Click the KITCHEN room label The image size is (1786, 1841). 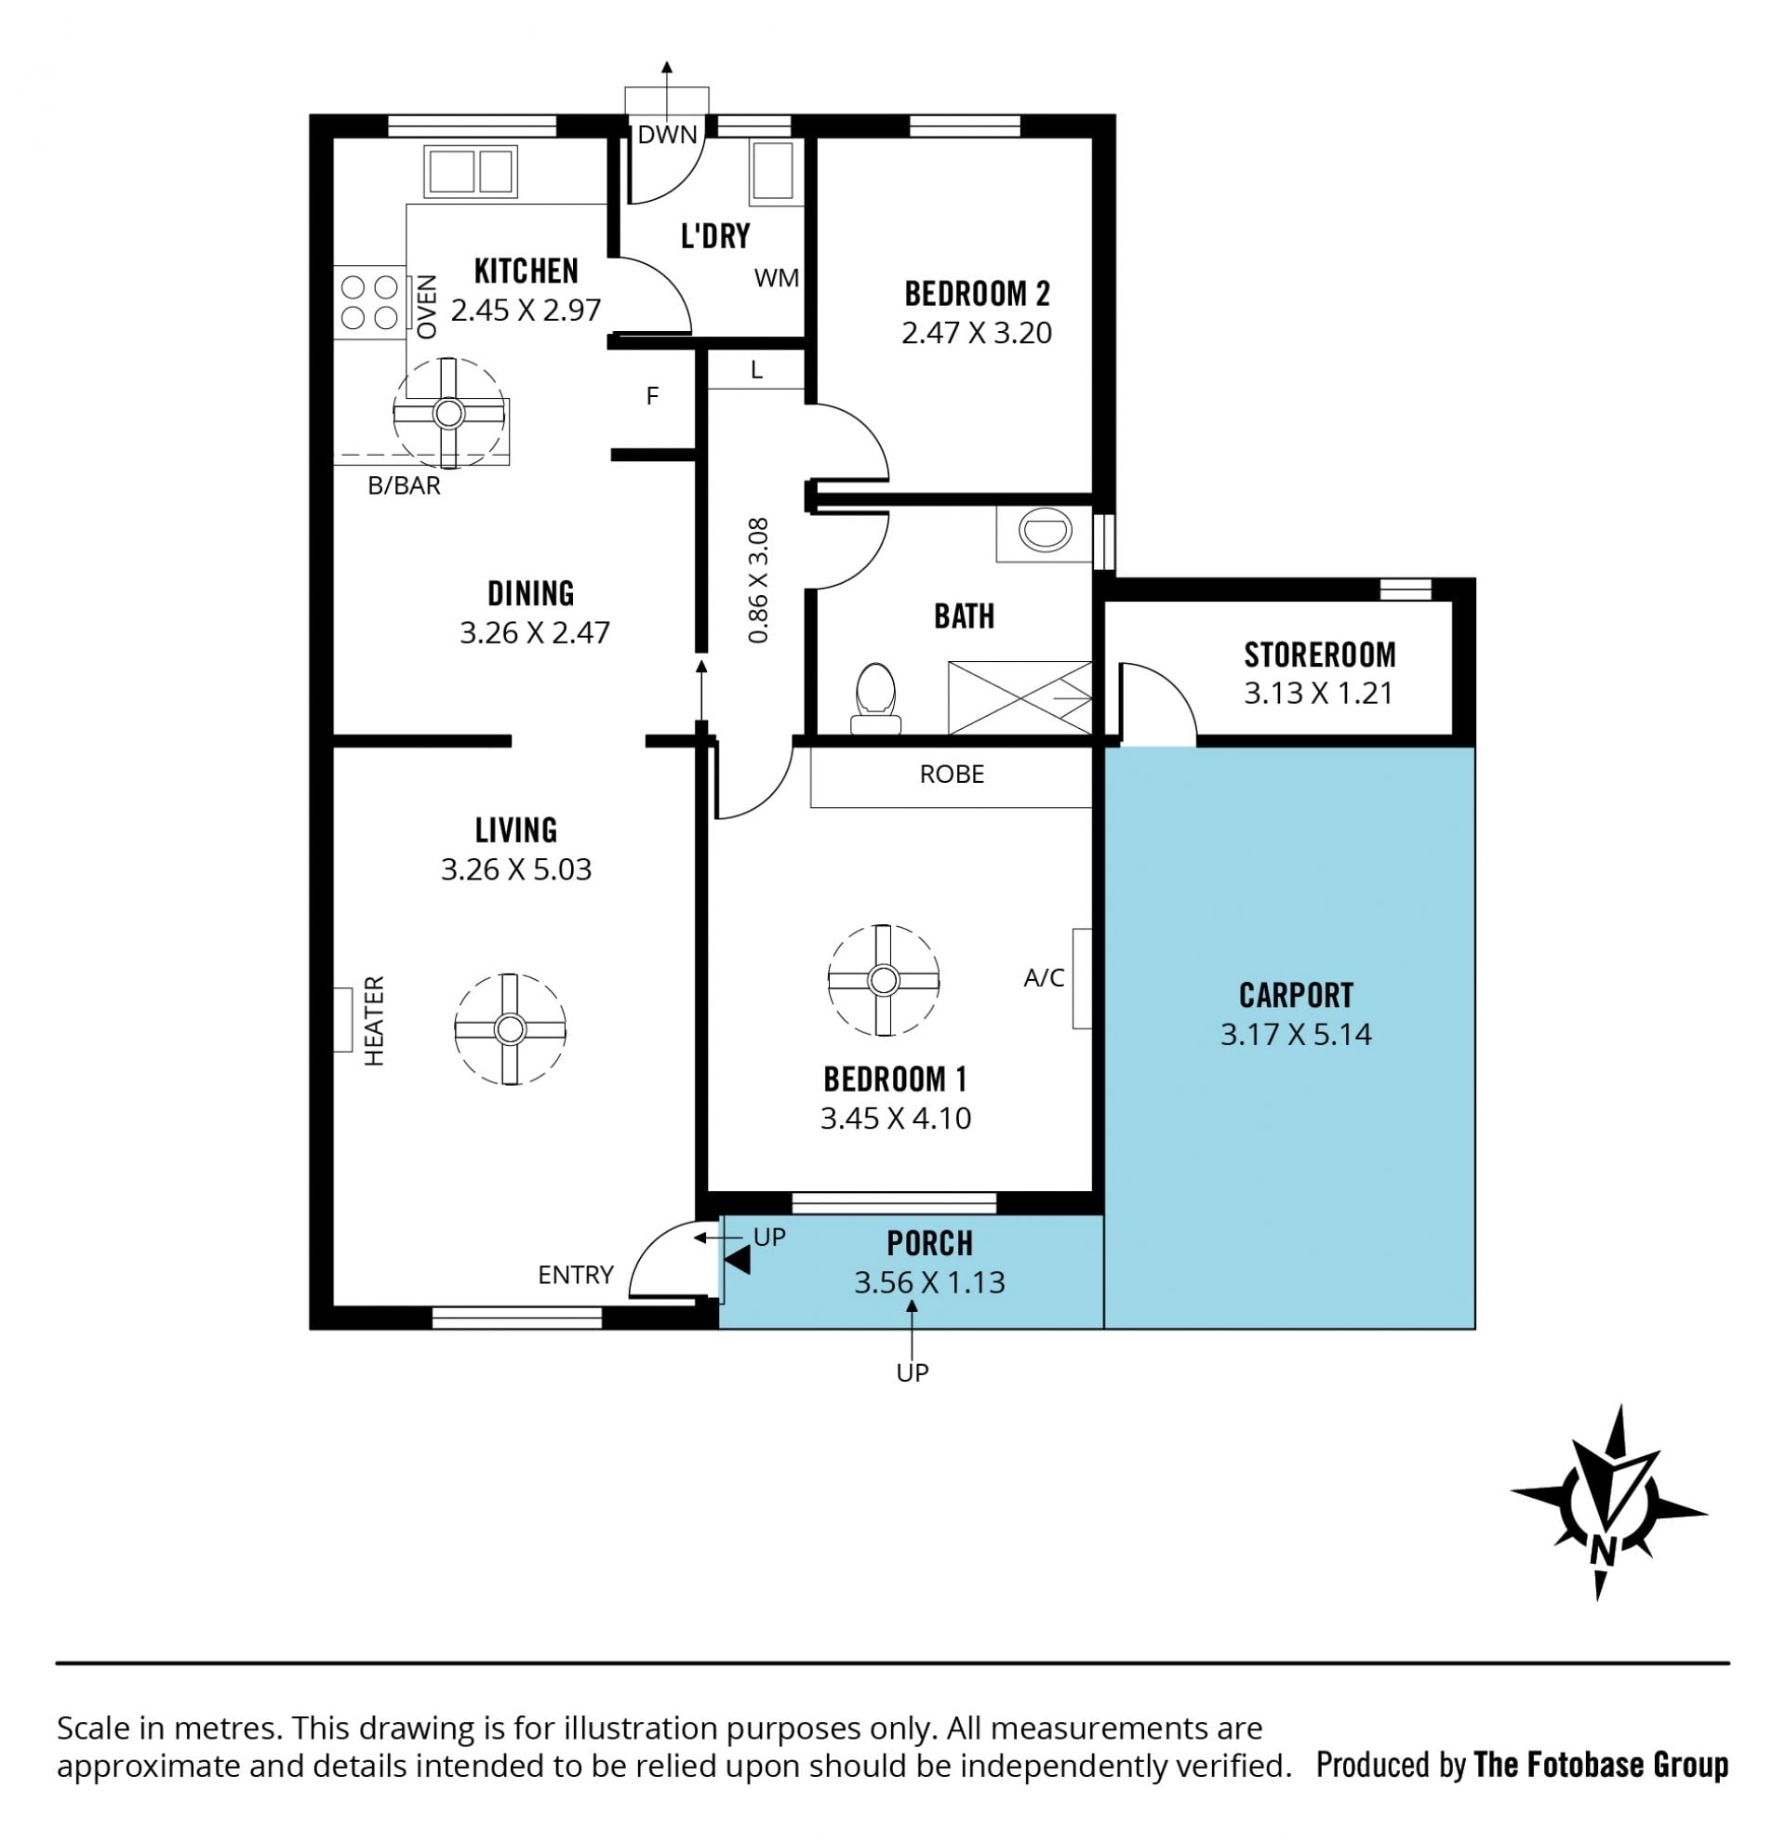(526, 271)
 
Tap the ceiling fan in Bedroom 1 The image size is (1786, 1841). (882, 980)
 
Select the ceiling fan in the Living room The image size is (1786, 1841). (509, 1029)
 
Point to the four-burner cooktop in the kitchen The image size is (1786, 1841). (369, 302)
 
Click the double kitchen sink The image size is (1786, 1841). (470, 171)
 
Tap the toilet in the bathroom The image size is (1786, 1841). (874, 698)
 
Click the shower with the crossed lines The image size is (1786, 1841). (1020, 697)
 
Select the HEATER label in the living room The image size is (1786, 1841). (374, 1021)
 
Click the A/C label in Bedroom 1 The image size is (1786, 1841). (1044, 978)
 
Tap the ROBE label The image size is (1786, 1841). (952, 774)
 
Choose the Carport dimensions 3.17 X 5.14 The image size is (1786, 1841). (1296, 1034)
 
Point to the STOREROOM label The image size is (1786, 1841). (1319, 654)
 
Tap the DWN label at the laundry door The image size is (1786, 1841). (667, 134)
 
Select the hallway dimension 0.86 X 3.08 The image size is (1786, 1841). (758, 580)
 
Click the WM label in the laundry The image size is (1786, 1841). (776, 278)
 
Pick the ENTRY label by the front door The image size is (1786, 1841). (575, 1275)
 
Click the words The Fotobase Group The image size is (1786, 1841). (1601, 1765)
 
